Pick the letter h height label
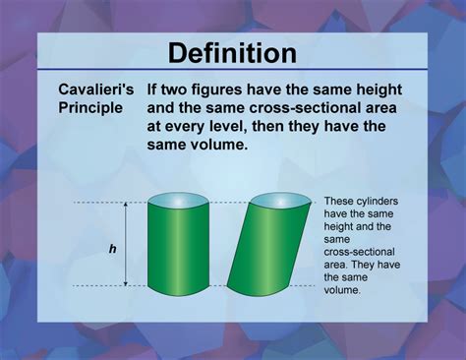pos(112,249)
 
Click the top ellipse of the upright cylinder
pos(178,201)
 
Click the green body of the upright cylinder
pos(178,251)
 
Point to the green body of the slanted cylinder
pos(264,251)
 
